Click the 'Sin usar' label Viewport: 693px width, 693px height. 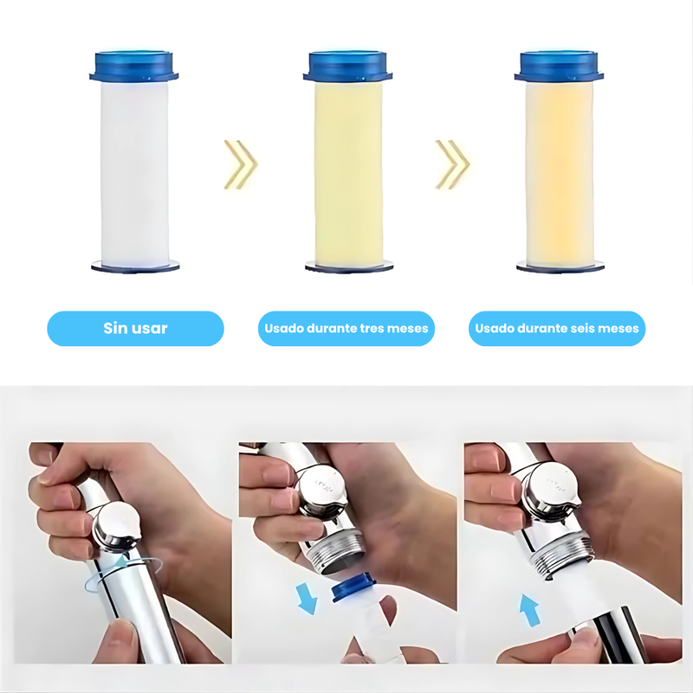tap(135, 329)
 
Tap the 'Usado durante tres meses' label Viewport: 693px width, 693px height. tap(346, 329)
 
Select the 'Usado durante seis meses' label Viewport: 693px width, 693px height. tap(557, 329)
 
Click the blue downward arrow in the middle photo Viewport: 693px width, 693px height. tap(305, 597)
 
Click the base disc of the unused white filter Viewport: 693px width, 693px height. tap(134, 266)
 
